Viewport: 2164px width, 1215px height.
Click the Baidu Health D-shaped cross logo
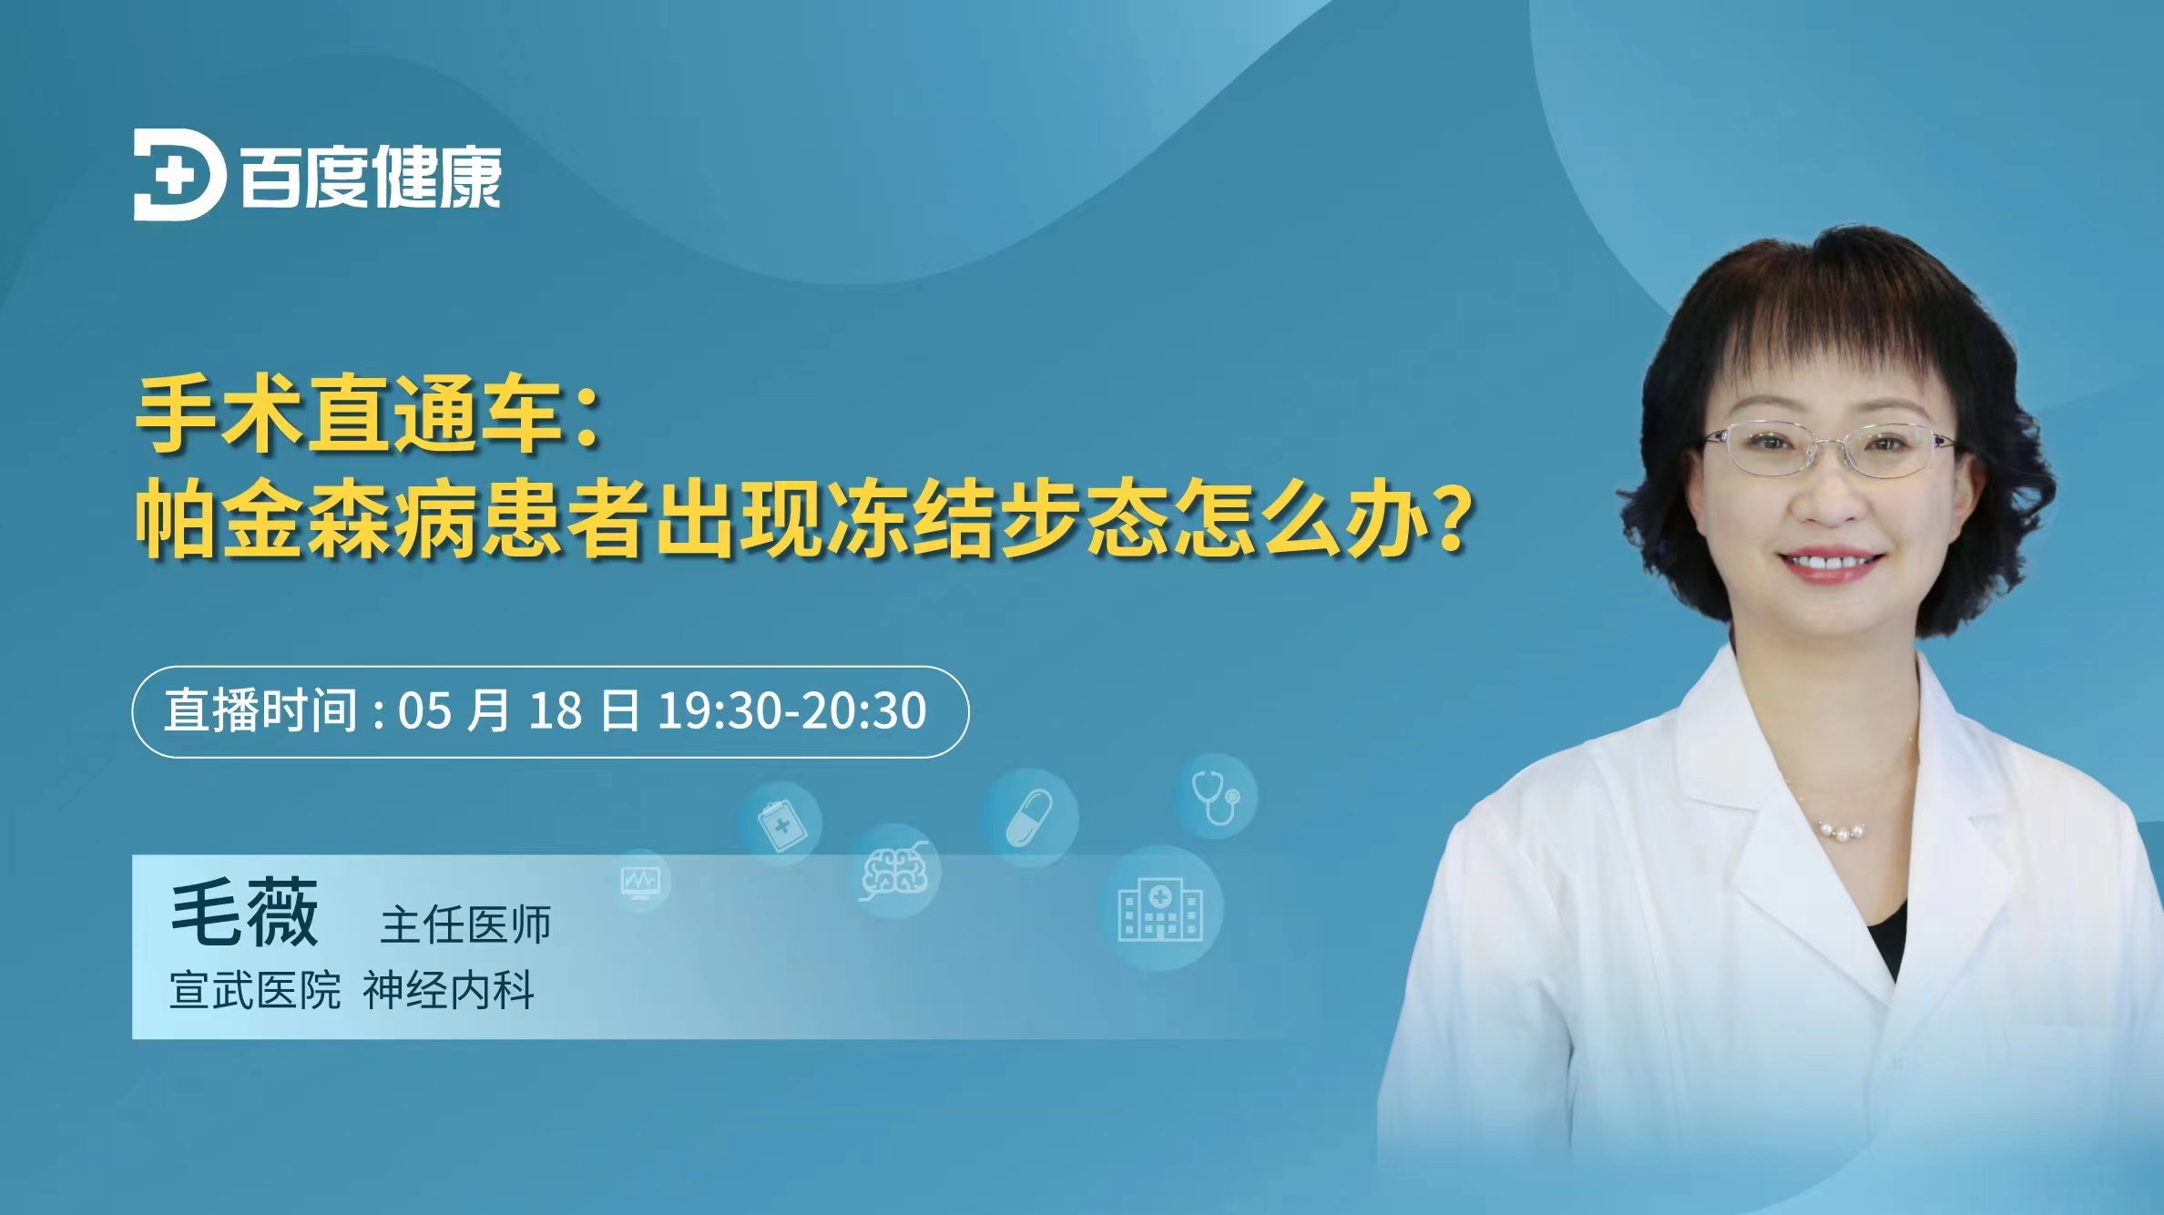[x=179, y=175]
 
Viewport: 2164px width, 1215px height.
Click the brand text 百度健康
[x=371, y=177]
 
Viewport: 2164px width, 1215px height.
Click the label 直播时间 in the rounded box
[x=260, y=710]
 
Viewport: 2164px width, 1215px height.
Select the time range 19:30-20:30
[x=791, y=711]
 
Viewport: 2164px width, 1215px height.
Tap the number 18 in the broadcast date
[x=555, y=711]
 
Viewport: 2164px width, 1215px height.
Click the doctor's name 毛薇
[x=244, y=913]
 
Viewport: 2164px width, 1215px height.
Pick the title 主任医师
[x=465, y=924]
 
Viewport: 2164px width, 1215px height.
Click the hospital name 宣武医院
[x=255, y=990]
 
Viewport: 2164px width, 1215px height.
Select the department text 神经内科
[x=448, y=990]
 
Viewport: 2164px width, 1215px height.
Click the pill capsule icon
[x=1029, y=817]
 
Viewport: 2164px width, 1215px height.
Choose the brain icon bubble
[x=894, y=871]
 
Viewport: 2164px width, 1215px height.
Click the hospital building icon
[x=1160, y=909]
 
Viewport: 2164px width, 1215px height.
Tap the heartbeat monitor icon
[x=641, y=881]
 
